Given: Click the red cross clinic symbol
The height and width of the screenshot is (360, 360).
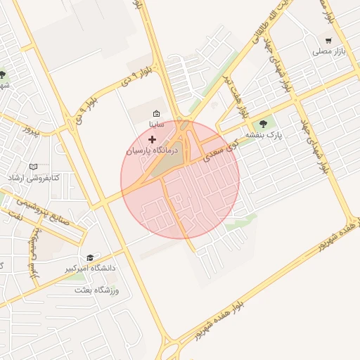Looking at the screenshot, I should (x=152, y=140).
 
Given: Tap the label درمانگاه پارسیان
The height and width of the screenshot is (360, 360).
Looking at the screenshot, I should (x=153, y=150).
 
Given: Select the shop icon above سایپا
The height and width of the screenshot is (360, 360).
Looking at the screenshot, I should (x=156, y=113).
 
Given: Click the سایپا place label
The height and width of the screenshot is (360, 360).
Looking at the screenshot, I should (x=156, y=124).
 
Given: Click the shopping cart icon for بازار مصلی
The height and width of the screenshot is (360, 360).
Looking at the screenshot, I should (x=328, y=40).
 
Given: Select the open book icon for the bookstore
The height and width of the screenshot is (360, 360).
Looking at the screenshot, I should (x=32, y=167).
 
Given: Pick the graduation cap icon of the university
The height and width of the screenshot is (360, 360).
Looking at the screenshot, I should (x=89, y=257).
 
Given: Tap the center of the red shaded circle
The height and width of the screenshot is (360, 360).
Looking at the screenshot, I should (x=180, y=180).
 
